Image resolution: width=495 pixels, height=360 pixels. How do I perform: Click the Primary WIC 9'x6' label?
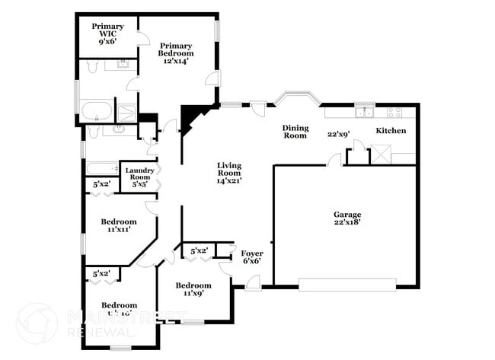coord(107,35)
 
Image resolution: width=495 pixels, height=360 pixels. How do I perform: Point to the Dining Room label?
coord(295,132)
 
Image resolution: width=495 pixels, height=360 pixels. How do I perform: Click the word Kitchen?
coord(391,131)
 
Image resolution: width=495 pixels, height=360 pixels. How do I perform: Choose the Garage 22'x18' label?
coord(346,219)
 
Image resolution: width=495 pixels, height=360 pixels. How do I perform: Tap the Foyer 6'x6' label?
coord(251,257)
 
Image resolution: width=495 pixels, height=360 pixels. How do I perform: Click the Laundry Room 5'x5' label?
coord(139,177)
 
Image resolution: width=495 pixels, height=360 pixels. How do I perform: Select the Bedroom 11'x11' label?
coord(119,226)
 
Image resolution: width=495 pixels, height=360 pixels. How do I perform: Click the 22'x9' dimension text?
coord(339,135)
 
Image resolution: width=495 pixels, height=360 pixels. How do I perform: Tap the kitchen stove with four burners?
coord(394,112)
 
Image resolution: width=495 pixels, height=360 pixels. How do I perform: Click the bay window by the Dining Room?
coord(297,97)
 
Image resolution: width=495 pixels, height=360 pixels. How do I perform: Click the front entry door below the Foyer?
coord(251,287)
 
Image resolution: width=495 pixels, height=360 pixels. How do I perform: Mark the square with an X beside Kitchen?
coord(379,155)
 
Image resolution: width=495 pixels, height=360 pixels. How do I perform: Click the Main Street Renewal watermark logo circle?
coord(36,323)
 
